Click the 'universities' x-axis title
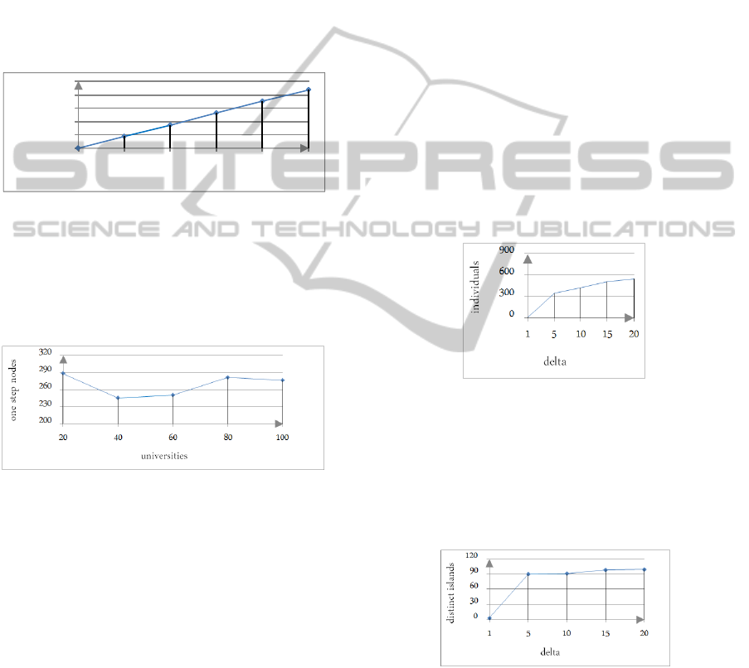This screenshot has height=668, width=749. click(x=164, y=456)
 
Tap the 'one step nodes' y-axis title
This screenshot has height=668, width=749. click(x=13, y=390)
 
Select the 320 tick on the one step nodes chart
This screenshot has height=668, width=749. click(x=46, y=352)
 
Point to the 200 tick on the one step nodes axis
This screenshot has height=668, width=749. click(x=46, y=420)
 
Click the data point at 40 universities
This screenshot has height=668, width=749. click(x=118, y=398)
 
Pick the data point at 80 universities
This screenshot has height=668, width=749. click(x=227, y=377)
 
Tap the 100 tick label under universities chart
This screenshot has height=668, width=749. click(x=282, y=438)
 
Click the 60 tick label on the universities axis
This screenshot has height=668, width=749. click(x=173, y=438)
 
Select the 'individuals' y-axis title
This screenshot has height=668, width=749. click(x=475, y=287)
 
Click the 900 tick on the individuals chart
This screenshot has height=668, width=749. click(x=507, y=250)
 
